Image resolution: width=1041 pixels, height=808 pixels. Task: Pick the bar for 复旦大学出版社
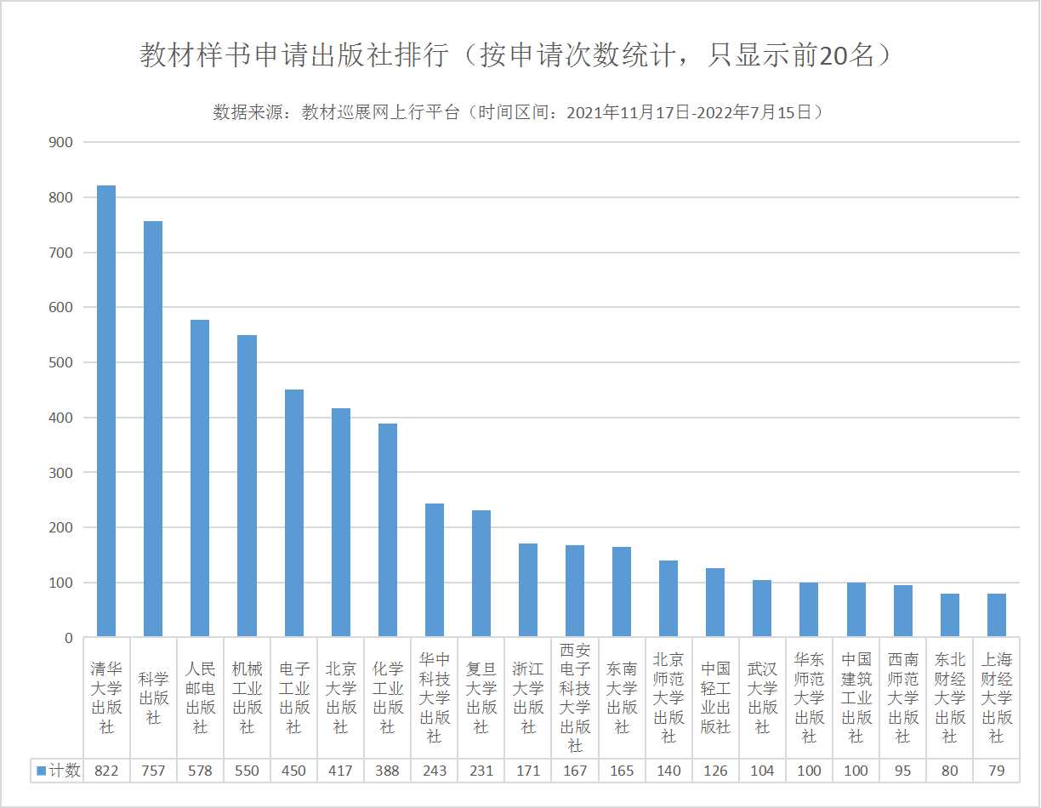click(481, 573)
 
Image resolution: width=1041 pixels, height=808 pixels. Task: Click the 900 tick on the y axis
click(61, 142)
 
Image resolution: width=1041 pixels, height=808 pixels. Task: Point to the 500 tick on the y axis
click(61, 362)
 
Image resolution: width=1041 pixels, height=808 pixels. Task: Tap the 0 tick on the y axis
click(68, 638)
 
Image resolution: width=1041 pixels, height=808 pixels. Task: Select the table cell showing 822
click(106, 771)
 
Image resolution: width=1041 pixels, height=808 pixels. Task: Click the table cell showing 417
click(340, 771)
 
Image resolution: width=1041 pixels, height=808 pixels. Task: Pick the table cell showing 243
click(434, 771)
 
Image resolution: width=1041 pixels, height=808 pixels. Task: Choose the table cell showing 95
click(902, 771)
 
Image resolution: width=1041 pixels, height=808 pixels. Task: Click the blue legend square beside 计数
click(41, 771)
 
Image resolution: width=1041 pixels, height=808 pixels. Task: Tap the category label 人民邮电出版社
click(200, 697)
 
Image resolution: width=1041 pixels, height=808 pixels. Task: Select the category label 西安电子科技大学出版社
click(575, 697)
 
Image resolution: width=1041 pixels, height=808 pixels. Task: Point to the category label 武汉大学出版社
click(762, 697)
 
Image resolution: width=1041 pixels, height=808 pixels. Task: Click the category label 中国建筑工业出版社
click(856, 697)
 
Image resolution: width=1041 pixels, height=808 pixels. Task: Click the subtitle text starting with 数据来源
click(519, 112)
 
